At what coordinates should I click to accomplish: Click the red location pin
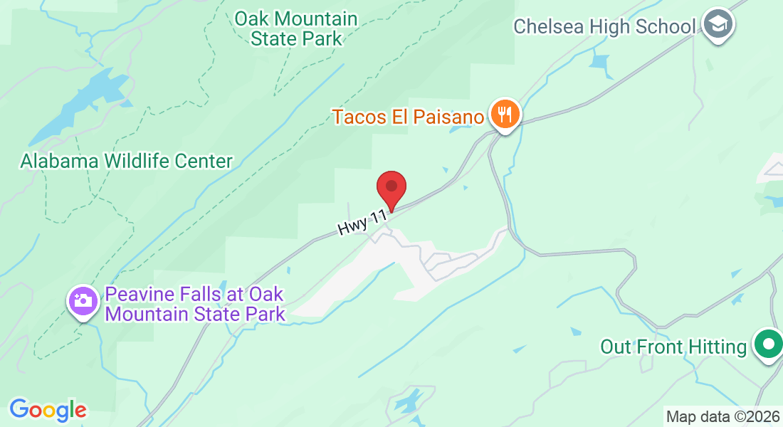391,188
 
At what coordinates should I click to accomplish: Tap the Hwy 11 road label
362,222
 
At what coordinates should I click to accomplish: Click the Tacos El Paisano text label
409,116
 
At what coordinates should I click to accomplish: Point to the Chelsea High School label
604,27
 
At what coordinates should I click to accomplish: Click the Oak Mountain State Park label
296,28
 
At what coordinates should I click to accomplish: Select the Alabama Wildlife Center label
126,161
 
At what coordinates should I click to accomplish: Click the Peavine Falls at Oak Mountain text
195,304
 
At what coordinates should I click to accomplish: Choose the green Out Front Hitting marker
767,346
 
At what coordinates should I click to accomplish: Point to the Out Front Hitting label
673,347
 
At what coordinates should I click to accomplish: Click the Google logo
48,410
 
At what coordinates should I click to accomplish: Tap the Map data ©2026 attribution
722,416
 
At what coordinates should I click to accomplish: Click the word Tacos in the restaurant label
359,116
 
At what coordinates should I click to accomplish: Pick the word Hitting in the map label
718,347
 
